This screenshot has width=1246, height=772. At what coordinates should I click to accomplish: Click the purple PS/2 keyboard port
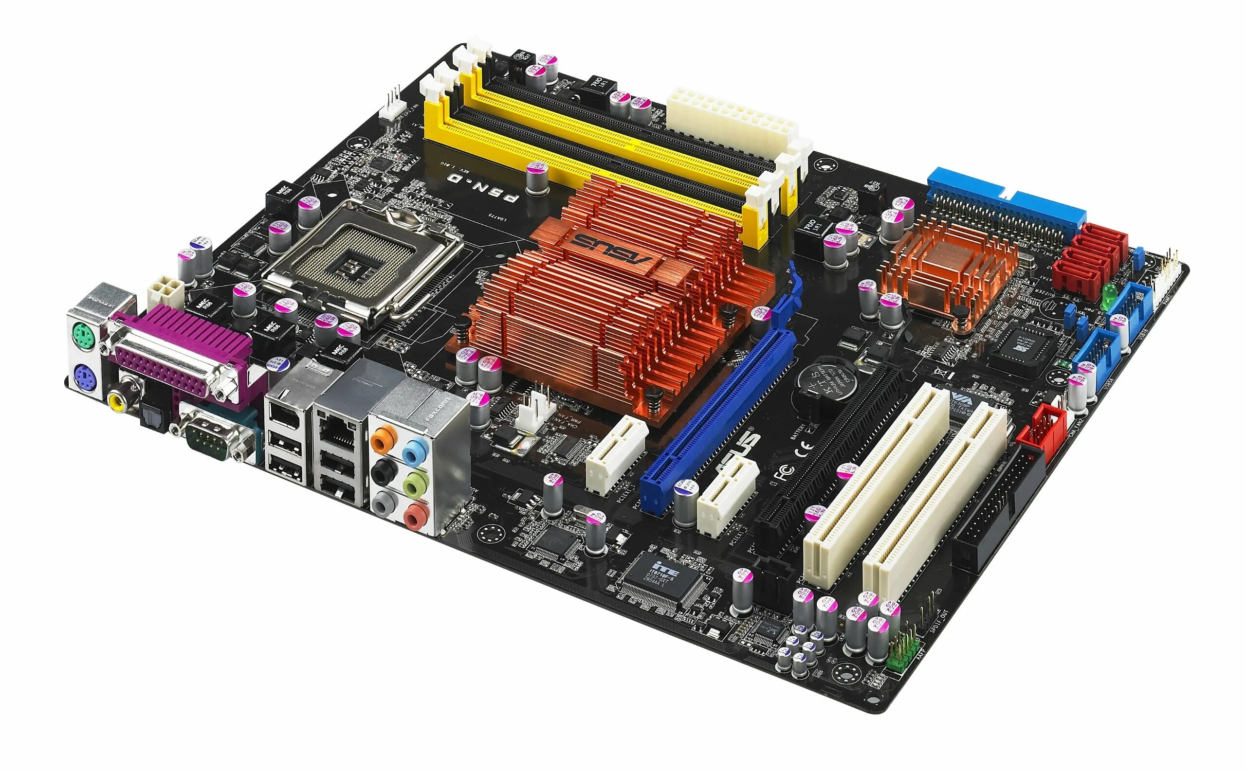coord(83,378)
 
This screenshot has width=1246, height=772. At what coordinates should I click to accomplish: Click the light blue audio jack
coord(415,450)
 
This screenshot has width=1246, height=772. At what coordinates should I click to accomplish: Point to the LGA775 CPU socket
coord(362,259)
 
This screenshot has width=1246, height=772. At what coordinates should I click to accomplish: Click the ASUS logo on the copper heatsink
coord(613,249)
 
